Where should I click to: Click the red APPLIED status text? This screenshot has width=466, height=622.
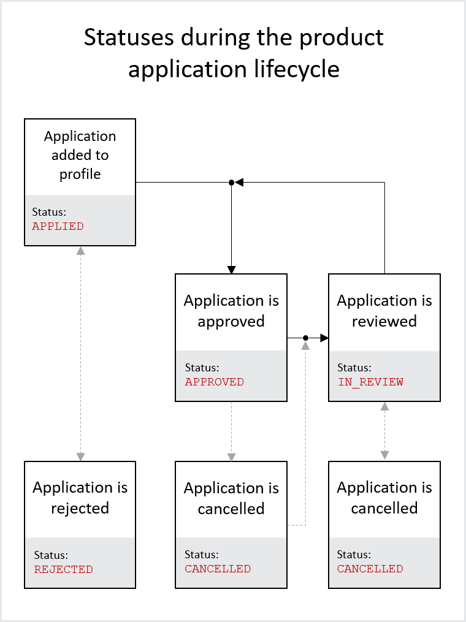pos(58,226)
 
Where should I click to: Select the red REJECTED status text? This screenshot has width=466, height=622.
pos(64,569)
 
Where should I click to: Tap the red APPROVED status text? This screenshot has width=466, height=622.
pos(215,382)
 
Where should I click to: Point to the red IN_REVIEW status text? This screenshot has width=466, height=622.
pos(370,382)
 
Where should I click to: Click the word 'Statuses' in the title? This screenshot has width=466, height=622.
pos(129,37)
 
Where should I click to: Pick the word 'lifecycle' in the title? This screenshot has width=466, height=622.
pos(297,69)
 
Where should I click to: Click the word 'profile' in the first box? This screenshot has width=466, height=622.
pos(80,174)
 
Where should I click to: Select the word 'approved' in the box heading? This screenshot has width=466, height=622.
pos(231,321)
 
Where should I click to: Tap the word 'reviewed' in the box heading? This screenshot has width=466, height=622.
pos(384,321)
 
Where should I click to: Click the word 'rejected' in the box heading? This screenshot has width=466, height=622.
pos(80,508)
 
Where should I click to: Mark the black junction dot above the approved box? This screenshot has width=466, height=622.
pos(231,183)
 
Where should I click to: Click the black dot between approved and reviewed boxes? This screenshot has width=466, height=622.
pos(305,338)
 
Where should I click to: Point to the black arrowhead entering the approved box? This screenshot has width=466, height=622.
pos(231,270)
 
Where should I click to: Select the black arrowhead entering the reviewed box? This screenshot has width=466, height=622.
pos(324,338)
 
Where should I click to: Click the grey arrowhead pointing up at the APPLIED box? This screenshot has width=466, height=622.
pos(80,251)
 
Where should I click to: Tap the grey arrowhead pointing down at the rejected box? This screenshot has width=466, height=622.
pos(80,457)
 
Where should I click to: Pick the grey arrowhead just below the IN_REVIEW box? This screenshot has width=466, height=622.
pos(384,406)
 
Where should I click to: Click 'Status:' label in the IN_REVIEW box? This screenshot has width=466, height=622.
pos(354,368)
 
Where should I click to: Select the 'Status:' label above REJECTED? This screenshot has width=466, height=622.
pos(52,555)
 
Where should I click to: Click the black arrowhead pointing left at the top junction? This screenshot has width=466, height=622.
pos(239,183)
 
